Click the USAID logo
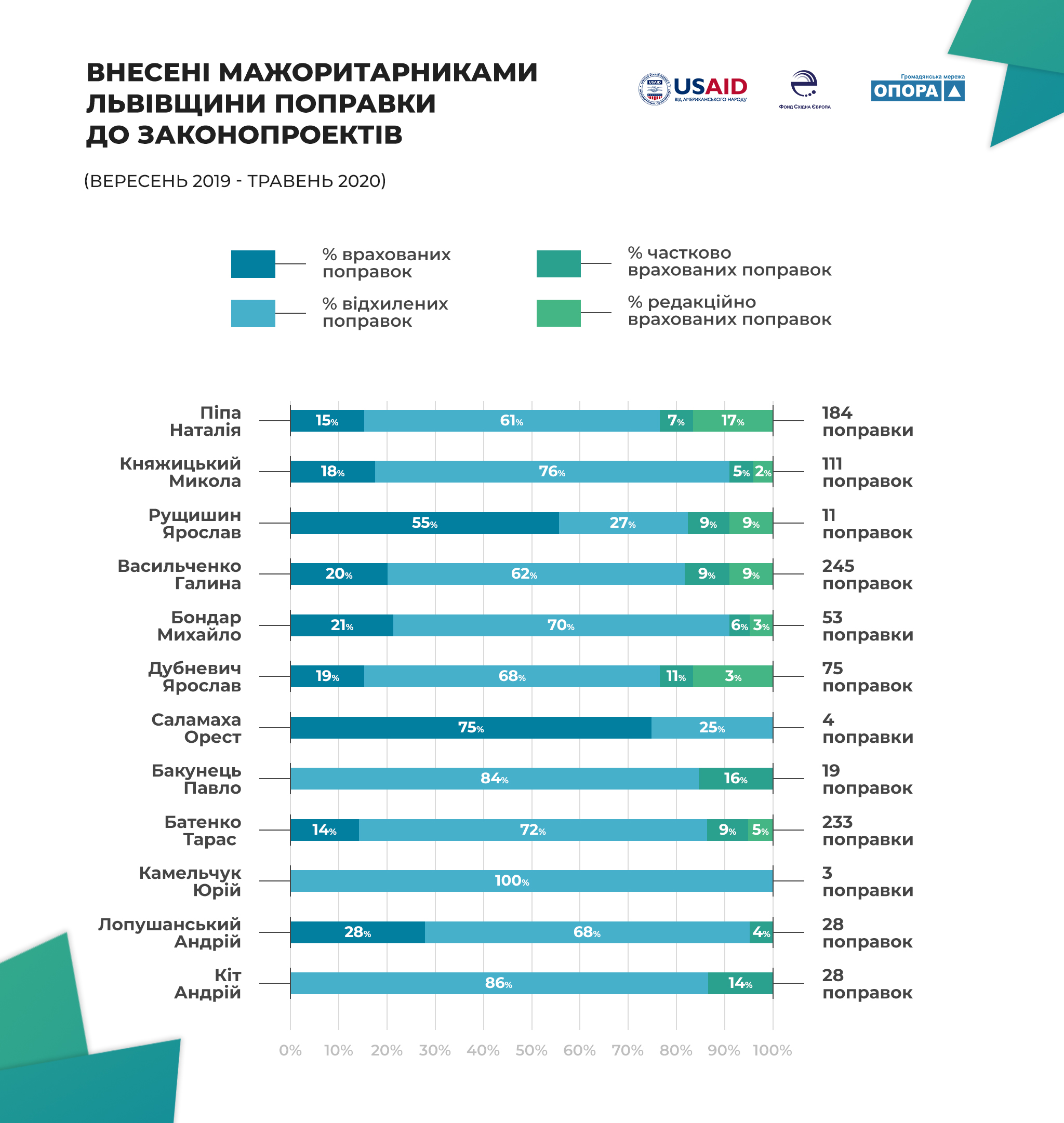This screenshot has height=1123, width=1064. [x=693, y=89]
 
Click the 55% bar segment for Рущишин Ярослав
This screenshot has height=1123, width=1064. [x=424, y=523]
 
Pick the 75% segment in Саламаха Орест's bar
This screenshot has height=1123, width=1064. [x=471, y=728]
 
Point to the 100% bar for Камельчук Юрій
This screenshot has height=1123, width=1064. [x=531, y=881]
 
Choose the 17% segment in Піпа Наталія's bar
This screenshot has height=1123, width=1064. [x=733, y=421]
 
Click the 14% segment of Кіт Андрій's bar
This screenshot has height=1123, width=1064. [x=740, y=983]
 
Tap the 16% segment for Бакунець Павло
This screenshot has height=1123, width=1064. [x=736, y=779]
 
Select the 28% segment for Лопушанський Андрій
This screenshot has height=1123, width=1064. [x=357, y=932]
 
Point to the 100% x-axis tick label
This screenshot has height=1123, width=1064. [x=772, y=1051]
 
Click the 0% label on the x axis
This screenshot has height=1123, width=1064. [x=290, y=1051]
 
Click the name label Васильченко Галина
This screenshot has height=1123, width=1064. [x=179, y=574]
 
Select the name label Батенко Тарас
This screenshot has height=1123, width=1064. [x=203, y=831]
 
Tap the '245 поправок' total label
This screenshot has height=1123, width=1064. [x=867, y=574]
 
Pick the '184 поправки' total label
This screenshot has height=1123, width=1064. [x=868, y=421]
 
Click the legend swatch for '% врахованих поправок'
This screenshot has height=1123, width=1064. [x=253, y=264]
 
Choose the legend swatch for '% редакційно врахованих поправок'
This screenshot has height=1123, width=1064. [x=558, y=313]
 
